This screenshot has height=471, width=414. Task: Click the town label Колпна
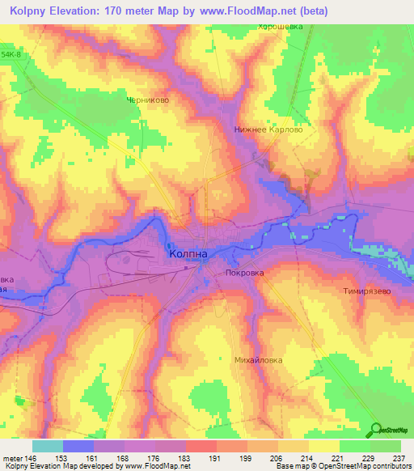click(188, 253)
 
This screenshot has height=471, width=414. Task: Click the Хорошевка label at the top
click(280, 26)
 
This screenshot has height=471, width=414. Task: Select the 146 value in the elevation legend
click(31, 457)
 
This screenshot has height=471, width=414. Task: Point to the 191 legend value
click(215, 457)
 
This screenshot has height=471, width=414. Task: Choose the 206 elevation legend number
click(277, 457)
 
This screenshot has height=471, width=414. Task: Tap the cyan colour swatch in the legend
click(47, 446)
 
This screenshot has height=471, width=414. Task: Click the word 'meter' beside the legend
click(11, 457)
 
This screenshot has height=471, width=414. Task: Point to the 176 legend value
click(154, 457)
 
